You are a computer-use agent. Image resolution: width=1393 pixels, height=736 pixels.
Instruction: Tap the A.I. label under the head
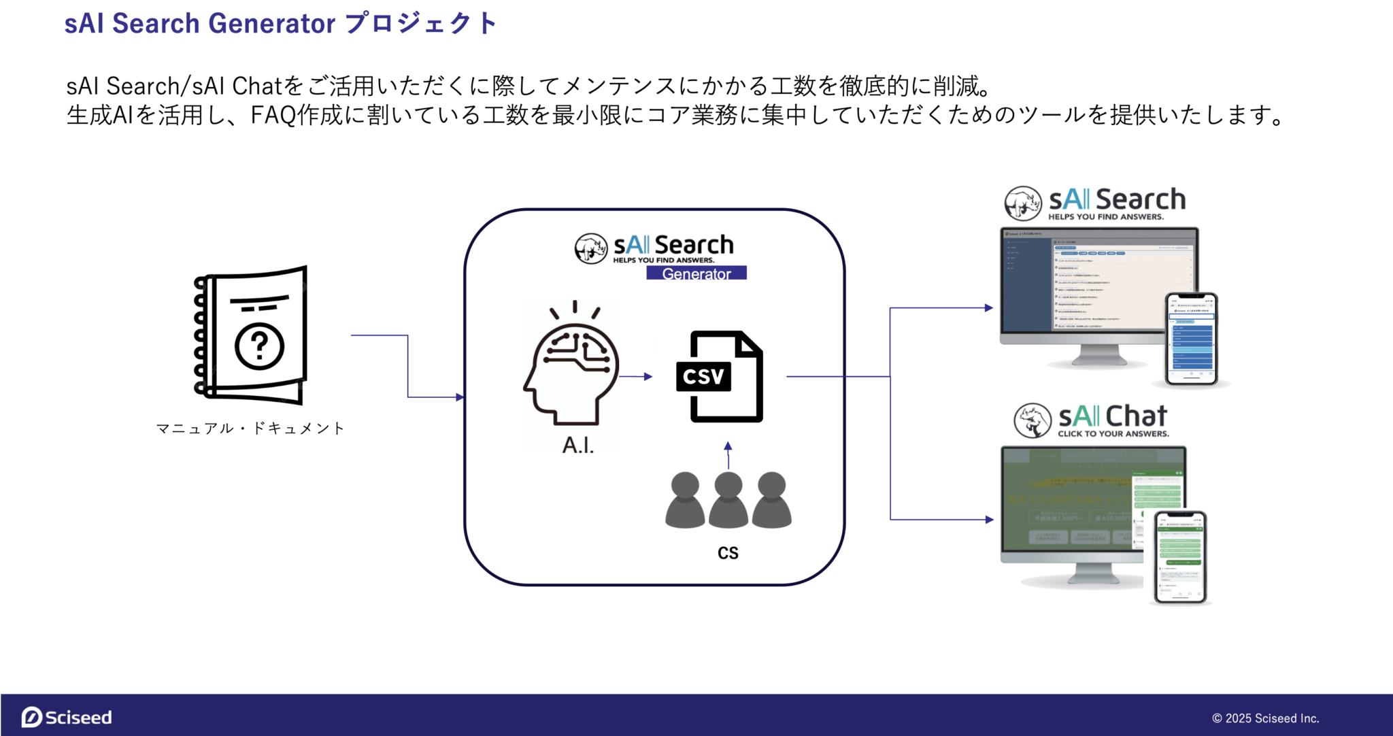(x=578, y=445)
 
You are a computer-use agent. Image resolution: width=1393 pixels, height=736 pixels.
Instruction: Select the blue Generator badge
(x=696, y=273)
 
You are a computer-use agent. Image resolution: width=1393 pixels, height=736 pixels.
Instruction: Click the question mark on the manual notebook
(x=259, y=346)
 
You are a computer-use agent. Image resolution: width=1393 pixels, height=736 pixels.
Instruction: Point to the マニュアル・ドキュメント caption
(x=250, y=428)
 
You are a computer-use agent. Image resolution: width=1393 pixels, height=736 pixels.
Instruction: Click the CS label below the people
(x=728, y=552)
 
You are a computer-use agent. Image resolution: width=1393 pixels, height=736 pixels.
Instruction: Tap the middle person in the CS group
(x=728, y=501)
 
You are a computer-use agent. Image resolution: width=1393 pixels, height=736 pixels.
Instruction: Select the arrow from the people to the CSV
(x=728, y=455)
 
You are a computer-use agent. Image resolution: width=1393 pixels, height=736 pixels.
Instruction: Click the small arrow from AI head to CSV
(x=638, y=376)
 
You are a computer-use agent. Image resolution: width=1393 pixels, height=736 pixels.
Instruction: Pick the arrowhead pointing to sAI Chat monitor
(x=989, y=520)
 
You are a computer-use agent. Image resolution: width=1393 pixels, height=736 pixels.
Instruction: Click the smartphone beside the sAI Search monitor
(x=1191, y=339)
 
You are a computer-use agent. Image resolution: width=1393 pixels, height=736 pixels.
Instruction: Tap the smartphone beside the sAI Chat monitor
(x=1180, y=557)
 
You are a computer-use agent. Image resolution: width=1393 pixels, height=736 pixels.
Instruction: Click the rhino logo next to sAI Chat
(x=1033, y=420)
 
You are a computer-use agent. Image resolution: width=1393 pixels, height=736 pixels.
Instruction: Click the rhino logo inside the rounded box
(x=590, y=248)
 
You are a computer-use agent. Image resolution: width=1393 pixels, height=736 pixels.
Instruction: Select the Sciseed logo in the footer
(x=67, y=717)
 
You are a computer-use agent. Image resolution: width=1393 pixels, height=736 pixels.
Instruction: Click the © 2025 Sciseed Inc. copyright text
(x=1265, y=718)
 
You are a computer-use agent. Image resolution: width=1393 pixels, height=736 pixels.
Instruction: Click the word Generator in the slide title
(x=271, y=23)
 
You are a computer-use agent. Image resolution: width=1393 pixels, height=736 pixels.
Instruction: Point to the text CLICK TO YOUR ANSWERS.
(x=1113, y=434)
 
